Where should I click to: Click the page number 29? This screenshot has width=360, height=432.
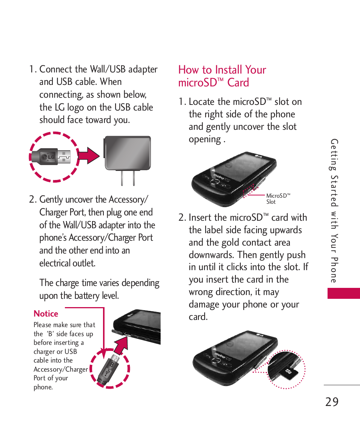click(332, 401)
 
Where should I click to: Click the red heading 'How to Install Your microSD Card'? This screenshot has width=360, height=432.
click(222, 76)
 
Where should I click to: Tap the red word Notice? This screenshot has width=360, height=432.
click(46, 314)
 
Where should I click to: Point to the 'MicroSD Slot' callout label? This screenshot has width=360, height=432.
click(278, 198)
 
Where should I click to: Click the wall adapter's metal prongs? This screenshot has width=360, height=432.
click(128, 178)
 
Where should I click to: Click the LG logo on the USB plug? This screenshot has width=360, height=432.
click(49, 157)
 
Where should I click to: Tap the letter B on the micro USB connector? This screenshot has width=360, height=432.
click(112, 365)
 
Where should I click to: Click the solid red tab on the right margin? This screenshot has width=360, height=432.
click(343, 293)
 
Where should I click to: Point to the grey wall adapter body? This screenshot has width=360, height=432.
click(127, 152)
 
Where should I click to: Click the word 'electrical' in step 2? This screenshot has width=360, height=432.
click(57, 263)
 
